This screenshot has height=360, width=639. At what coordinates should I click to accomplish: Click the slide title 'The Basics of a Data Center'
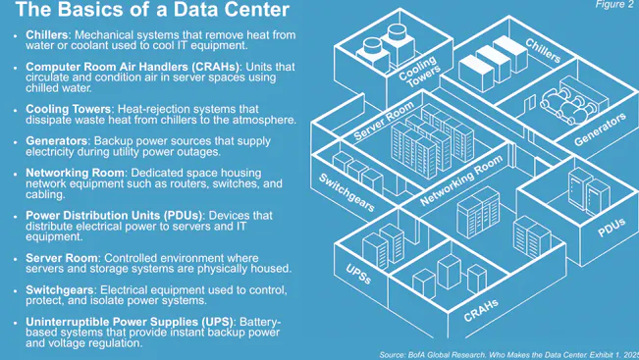pyautogui.click(x=152, y=12)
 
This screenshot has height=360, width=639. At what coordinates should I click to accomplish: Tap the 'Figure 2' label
pyautogui.click(x=615, y=5)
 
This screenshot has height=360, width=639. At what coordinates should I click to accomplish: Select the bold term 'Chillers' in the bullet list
pyautogui.click(x=46, y=35)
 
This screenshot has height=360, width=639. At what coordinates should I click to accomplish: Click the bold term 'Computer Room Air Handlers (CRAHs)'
pyautogui.click(x=133, y=67)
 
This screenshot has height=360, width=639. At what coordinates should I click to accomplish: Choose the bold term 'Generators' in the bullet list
pyautogui.click(x=54, y=141)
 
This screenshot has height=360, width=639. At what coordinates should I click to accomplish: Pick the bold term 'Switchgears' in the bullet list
pyautogui.click(x=57, y=289)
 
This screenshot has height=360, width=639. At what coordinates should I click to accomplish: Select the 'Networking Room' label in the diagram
pyautogui.click(x=461, y=180)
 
